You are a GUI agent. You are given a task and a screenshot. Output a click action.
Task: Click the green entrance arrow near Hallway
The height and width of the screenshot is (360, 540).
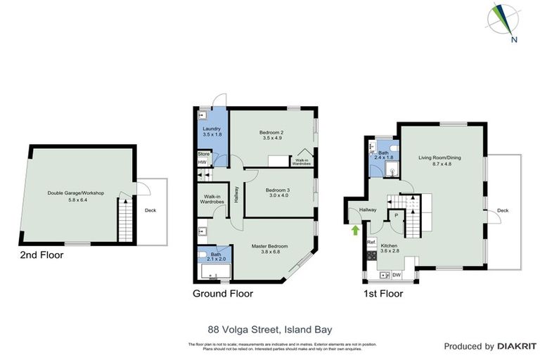(356, 229)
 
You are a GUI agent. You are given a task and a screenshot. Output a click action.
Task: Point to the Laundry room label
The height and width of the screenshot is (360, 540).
(212, 131)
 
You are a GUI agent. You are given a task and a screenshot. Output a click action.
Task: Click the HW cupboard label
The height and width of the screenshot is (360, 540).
(202, 162)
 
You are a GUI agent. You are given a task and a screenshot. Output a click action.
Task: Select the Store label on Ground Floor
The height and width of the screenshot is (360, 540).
(203, 153)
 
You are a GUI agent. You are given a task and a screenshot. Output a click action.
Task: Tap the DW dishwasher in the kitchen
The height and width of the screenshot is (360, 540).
(397, 274)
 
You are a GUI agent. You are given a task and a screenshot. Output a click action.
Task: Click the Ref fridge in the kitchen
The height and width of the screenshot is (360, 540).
(371, 243)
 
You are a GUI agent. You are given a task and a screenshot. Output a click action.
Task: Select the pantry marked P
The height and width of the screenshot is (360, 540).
(395, 216)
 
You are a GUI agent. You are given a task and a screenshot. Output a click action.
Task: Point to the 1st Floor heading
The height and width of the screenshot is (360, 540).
(383, 294)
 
